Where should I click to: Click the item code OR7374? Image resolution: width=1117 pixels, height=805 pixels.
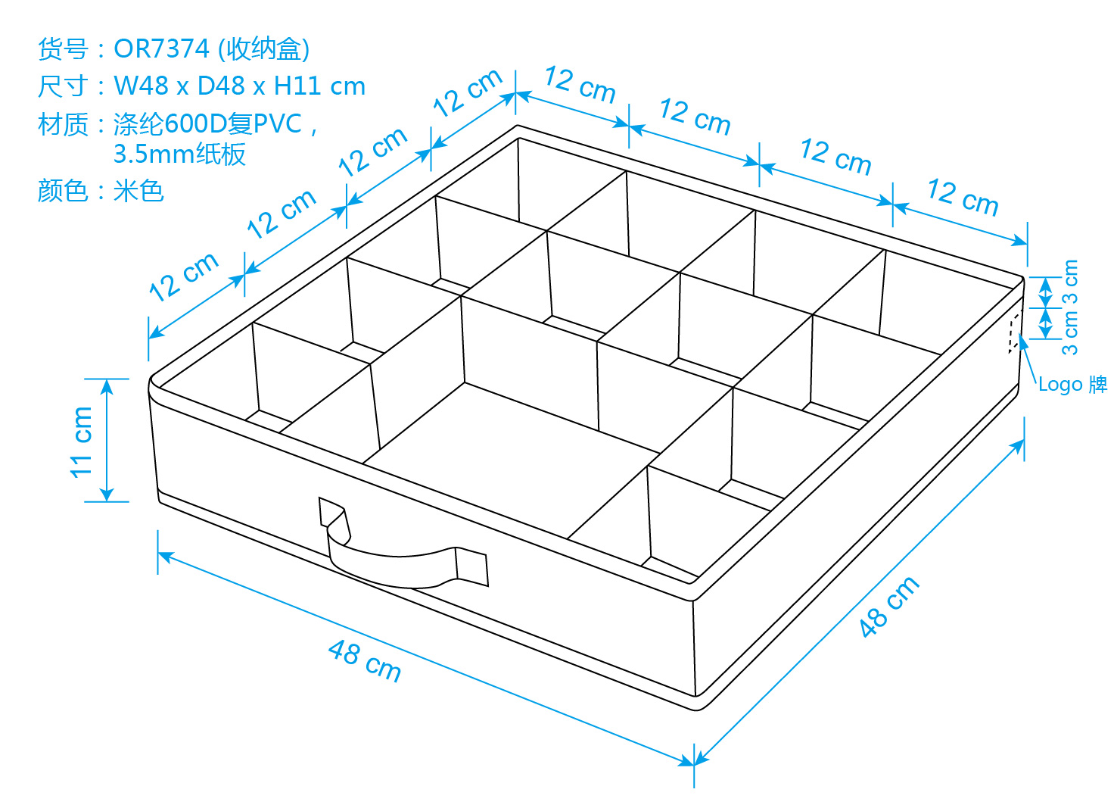pos(161,49)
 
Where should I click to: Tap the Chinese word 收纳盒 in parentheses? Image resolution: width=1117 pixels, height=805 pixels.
pos(264,49)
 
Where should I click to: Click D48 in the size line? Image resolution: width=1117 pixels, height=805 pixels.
pos(220,86)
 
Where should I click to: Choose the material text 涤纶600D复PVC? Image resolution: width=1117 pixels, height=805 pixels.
pos(208,123)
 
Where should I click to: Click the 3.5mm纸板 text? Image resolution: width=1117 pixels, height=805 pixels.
pos(179,154)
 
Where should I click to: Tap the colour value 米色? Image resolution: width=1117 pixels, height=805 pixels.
pos(138,191)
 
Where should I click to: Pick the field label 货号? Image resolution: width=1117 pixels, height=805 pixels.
pos(64,49)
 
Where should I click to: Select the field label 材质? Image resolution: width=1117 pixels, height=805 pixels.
pos(64,124)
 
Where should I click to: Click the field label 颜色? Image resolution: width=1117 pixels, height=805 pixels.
pos(64,191)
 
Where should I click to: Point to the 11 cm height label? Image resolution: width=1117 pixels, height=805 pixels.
pos(81,442)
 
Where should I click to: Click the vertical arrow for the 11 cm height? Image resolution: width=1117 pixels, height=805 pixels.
pos(107,440)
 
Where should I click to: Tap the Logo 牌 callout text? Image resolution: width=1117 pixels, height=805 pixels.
pos(1072,384)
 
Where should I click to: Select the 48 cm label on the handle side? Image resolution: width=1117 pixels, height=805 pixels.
pos(365,661)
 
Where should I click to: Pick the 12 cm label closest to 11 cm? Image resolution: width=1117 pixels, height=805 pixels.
pos(184,277)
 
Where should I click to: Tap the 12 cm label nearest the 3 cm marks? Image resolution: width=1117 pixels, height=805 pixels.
pos(963,197)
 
